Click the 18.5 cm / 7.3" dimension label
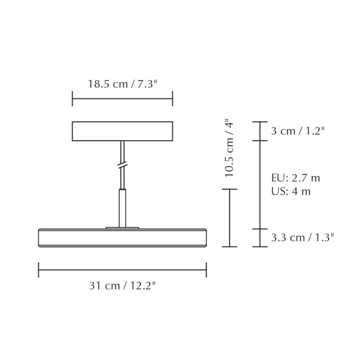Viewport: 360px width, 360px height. coord(122,84)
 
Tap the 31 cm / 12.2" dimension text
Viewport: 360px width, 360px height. coord(122,286)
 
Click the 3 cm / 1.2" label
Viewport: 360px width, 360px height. coord(297,131)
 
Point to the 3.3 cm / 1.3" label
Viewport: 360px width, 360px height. coord(302,237)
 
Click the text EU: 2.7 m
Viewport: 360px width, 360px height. coord(295,178)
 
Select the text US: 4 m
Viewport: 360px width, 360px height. coord(291,191)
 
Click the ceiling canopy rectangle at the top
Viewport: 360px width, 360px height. coord(122,131)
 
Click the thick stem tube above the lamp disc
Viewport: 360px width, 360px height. coord(123,208)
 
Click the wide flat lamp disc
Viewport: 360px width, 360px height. coord(122,238)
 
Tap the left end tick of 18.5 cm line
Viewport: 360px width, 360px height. coord(72,99)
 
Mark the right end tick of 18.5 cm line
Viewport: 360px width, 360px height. coord(172,99)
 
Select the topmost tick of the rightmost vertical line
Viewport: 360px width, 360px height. coord(260,121)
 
